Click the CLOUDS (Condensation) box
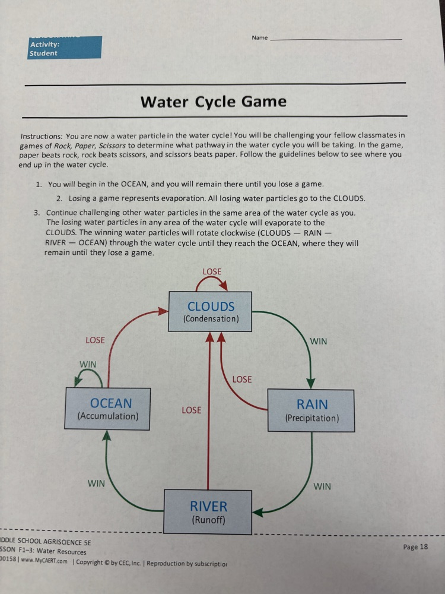point(211,312)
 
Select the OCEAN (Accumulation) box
point(107,409)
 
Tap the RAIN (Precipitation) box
point(311,410)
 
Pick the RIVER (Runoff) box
point(208,512)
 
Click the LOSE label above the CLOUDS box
point(212,271)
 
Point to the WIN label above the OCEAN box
point(88,364)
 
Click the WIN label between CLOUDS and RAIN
point(318,342)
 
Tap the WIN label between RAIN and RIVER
point(322,486)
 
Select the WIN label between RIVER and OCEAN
point(96,484)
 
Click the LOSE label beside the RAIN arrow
point(242,379)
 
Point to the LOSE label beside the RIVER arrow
point(191,410)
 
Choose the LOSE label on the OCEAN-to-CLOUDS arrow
point(95,340)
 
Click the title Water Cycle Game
point(214,102)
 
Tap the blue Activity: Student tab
point(65,48)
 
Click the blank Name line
point(335,39)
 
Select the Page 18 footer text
point(415,547)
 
